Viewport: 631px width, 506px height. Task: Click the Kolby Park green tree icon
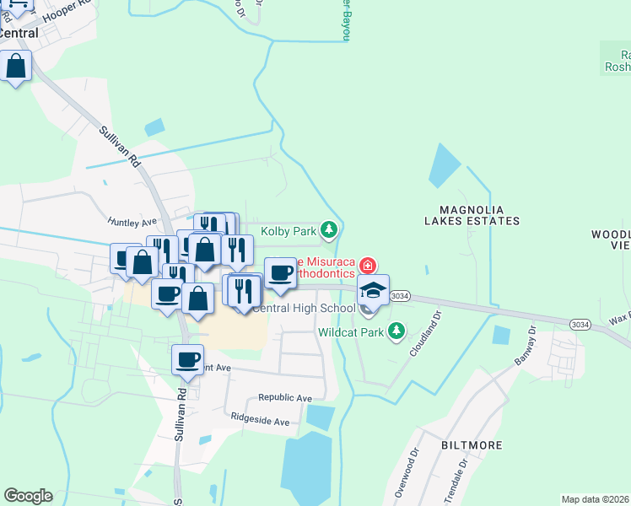(329, 229)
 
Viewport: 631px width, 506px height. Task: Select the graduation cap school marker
(373, 291)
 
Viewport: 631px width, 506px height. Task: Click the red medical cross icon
(366, 266)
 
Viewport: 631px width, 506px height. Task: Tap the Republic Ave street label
(285, 397)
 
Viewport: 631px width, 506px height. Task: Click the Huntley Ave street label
(132, 222)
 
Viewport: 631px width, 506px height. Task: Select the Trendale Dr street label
(463, 476)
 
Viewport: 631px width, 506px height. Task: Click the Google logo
(28, 496)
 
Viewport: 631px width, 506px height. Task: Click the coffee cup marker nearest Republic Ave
(187, 359)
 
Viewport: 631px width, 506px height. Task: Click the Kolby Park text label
(288, 230)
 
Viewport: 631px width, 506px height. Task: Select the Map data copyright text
(596, 499)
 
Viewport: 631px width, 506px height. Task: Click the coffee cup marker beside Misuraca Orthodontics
(281, 272)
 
